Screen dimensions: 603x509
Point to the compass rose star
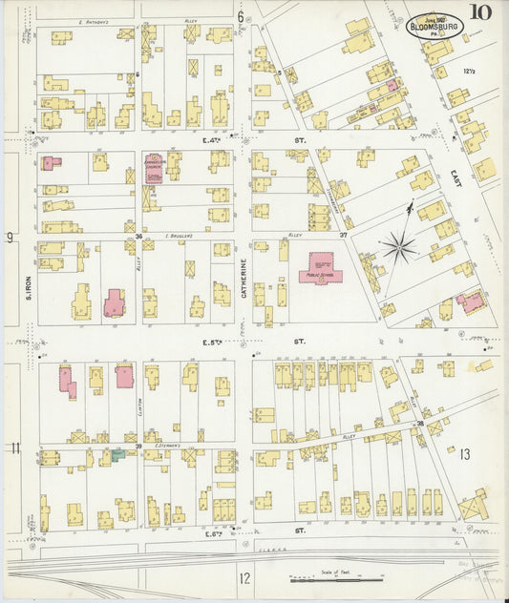click(398, 248)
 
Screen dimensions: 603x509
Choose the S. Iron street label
click(29, 282)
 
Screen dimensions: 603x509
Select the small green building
click(117, 455)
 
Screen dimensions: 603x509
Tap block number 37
click(342, 235)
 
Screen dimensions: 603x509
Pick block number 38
click(419, 423)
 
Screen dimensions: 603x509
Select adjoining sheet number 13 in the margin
click(465, 454)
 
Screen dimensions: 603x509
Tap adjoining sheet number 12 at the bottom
click(244, 577)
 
